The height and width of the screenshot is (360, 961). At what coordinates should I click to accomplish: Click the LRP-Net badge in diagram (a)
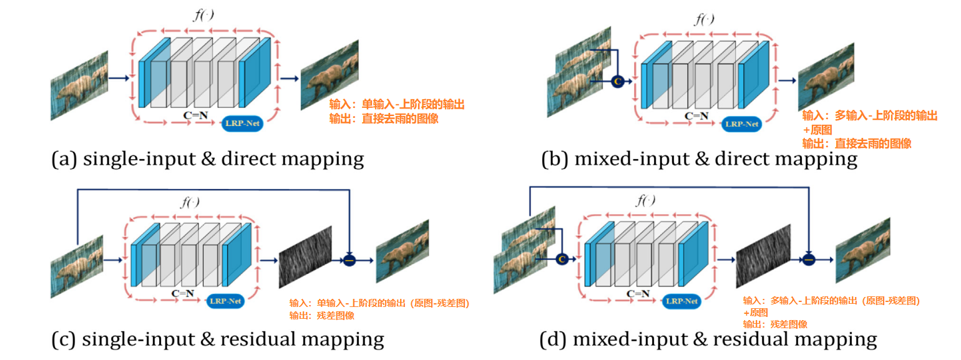tap(242, 123)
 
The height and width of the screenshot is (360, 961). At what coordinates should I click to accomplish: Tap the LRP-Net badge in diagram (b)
tap(741, 124)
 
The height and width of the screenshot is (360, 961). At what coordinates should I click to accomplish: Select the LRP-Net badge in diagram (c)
tap(225, 301)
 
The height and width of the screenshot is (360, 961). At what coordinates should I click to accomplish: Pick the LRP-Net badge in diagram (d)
tap(681, 301)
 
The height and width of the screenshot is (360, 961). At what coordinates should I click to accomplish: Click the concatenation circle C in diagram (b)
tap(617, 81)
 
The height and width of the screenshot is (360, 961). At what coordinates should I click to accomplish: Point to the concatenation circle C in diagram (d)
tap(562, 259)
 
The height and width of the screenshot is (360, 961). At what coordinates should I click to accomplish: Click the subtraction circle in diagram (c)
tap(349, 260)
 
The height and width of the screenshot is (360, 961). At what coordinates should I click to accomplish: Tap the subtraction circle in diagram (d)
tap(809, 259)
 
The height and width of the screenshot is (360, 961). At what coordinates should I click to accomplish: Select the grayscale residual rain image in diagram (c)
tap(306, 256)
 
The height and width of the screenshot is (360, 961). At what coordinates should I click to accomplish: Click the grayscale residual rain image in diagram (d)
tap(763, 256)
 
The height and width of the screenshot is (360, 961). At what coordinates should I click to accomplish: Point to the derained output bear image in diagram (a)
tap(329, 75)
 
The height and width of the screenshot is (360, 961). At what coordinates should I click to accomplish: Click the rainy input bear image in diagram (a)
tap(79, 85)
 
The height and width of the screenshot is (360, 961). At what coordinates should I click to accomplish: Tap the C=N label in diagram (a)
tap(196, 115)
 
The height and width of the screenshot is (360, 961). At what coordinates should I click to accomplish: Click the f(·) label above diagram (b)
tap(705, 19)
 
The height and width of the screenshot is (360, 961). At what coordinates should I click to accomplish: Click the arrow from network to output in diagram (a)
tap(289, 79)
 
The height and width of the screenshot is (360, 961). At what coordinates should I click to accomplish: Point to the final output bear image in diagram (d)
tap(863, 250)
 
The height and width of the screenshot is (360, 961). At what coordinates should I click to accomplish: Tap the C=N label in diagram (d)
tap(638, 293)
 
